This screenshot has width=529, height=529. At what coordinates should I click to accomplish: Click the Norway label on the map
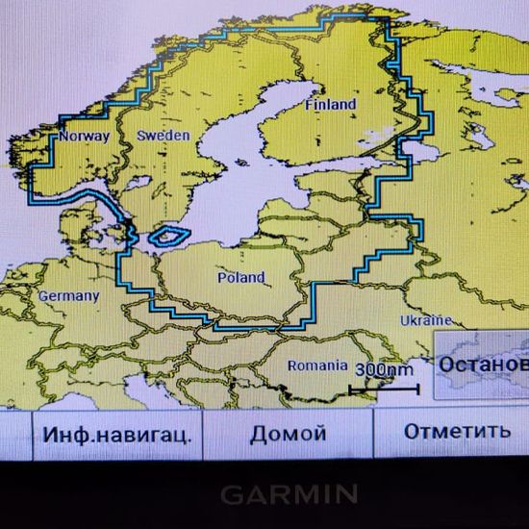[84, 137]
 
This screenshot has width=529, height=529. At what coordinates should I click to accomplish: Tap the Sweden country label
[163, 137]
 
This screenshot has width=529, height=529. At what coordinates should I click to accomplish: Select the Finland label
[330, 104]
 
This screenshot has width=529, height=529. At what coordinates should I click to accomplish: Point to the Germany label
[68, 296]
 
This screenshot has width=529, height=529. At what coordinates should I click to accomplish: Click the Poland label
[240, 278]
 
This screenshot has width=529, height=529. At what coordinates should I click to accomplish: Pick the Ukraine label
[425, 319]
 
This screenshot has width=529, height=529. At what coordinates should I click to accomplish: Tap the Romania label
[317, 365]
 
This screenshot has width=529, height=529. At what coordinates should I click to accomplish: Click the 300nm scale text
[384, 370]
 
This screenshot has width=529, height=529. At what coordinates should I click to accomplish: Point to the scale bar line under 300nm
[384, 389]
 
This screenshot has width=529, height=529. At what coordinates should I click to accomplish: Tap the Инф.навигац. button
[116, 434]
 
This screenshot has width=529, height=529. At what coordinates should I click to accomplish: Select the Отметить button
[456, 431]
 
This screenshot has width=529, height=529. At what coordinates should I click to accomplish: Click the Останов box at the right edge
[481, 365]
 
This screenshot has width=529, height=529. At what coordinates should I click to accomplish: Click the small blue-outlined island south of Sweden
[171, 234]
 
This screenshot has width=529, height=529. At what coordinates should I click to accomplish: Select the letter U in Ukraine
[404, 319]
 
